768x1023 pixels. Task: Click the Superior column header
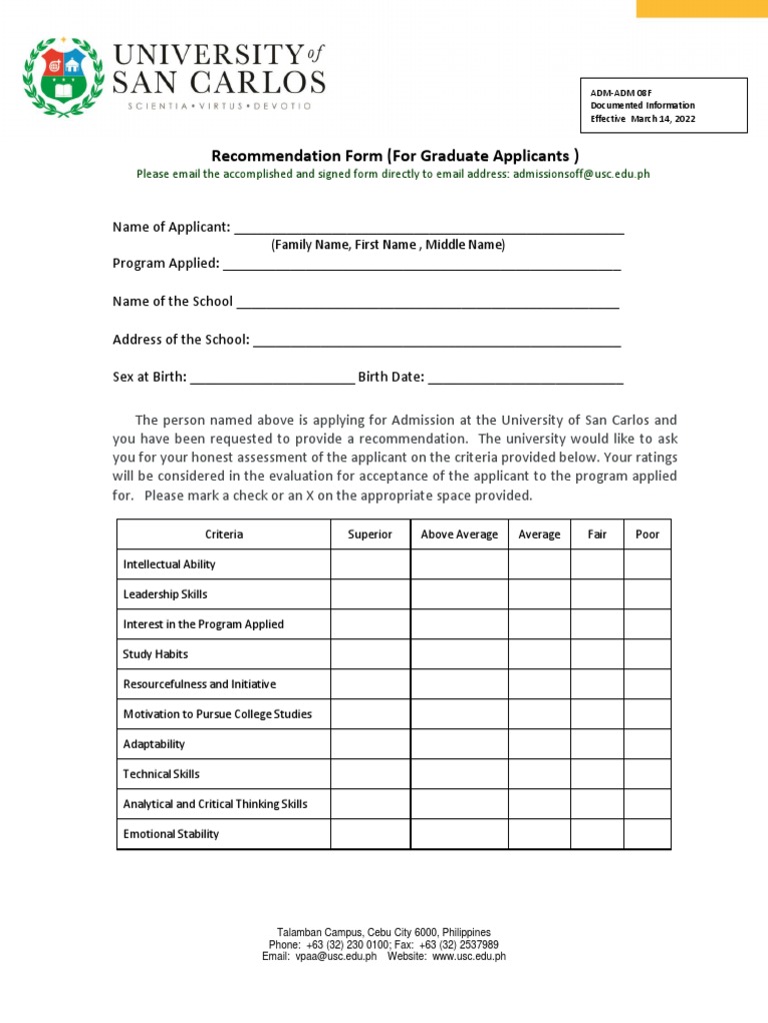pyautogui.click(x=370, y=534)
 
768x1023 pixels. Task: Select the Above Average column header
pyautogui.click(x=459, y=534)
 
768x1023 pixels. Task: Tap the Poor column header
pyautogui.click(x=647, y=534)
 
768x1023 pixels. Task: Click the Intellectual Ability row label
pyautogui.click(x=169, y=564)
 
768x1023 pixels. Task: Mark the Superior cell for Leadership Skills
pyautogui.click(x=370, y=594)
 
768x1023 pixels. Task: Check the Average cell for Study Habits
pyautogui.click(x=539, y=654)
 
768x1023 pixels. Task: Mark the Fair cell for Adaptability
pyautogui.click(x=597, y=744)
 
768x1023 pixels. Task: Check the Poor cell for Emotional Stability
pyautogui.click(x=647, y=834)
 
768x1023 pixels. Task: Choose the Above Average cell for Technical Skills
pyautogui.click(x=459, y=774)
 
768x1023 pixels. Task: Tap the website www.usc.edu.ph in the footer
pyautogui.click(x=469, y=956)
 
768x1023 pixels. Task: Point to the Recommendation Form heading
pyautogui.click(x=394, y=155)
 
